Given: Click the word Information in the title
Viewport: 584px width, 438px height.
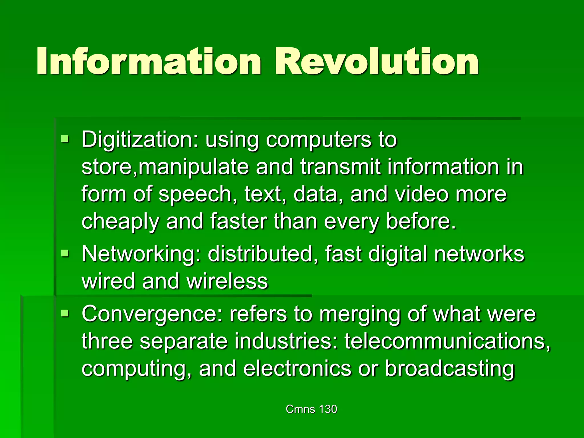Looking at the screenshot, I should click(148, 62).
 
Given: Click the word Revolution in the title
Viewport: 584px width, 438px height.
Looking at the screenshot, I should click(376, 62).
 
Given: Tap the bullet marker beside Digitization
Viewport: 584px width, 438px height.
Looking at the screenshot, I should click(65, 139).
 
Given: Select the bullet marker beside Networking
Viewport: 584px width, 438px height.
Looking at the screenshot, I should click(65, 253).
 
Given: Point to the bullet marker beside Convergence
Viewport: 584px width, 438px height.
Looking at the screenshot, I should click(65, 313).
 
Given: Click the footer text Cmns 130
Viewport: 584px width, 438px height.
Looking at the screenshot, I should click(311, 409).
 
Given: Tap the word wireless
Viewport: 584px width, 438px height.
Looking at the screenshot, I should click(227, 281).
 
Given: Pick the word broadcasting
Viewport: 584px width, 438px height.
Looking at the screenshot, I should click(450, 368).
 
